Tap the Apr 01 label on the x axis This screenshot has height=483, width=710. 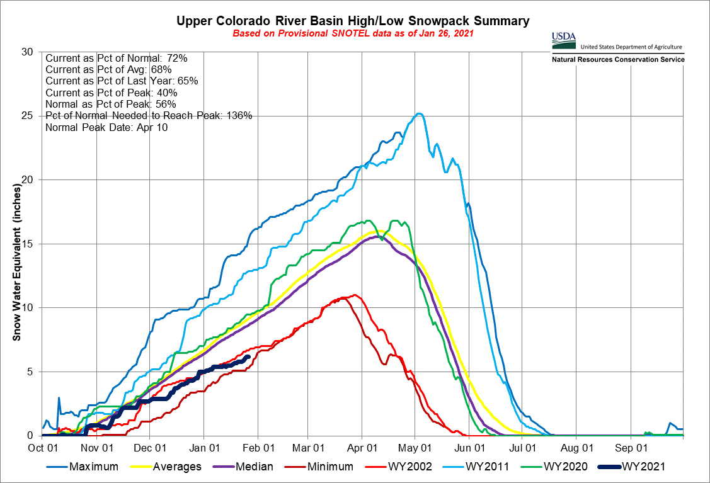362,448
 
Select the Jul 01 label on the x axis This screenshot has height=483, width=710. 524,448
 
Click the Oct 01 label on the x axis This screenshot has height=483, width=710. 43,448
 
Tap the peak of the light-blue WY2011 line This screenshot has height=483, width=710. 418,114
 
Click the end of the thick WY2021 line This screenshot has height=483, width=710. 248,356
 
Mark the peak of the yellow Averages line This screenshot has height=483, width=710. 381,231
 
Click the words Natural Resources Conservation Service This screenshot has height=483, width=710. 618,59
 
